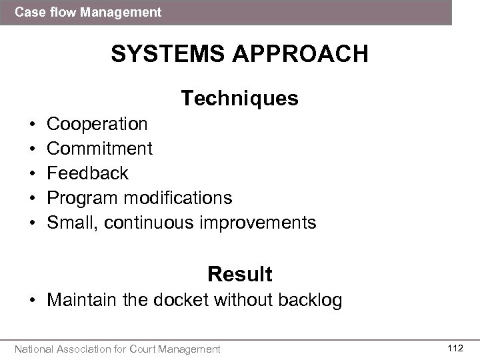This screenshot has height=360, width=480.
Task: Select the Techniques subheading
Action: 239,99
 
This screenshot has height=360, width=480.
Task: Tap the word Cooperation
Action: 98,124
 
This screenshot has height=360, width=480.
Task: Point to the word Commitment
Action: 100,149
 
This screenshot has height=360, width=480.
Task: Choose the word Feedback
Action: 88,173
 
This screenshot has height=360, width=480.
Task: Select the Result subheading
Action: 239,274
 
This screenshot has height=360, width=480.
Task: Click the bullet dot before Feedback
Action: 33,174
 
